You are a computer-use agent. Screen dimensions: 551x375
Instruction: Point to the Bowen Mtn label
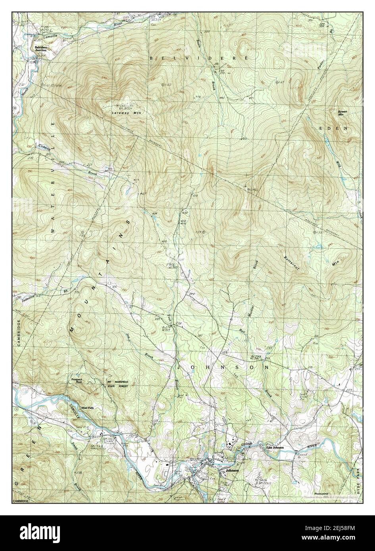342,113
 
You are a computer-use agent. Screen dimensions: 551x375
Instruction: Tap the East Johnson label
275,448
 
